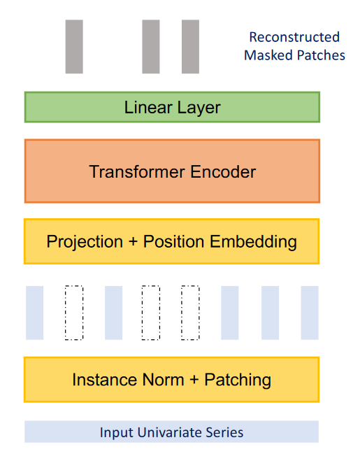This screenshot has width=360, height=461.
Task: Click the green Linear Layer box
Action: point(172,107)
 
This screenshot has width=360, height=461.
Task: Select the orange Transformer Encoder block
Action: point(172,171)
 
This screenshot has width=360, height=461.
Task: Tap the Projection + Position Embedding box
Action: point(172,241)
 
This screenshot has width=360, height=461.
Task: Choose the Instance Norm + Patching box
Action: point(172,380)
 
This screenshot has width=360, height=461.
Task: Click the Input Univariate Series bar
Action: point(172,432)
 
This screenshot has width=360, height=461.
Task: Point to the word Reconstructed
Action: point(294,37)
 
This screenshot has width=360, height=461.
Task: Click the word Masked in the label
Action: point(269,55)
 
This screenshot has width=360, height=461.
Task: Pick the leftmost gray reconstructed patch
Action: point(74,46)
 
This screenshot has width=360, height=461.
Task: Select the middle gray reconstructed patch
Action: point(151,46)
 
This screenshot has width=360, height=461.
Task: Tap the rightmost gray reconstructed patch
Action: point(190,46)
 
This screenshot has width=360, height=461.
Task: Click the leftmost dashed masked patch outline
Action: point(65,313)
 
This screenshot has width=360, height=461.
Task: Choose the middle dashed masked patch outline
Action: point(142,313)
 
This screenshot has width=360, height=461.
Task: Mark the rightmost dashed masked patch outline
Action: point(182,313)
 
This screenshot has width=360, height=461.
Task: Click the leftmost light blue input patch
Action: point(35,313)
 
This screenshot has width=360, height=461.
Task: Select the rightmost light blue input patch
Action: point(310,313)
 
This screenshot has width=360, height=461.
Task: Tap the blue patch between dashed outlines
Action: point(114,313)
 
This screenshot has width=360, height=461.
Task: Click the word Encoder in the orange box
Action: point(223,171)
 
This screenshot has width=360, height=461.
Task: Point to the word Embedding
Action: point(253,242)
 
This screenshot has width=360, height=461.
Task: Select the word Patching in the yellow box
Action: point(238,380)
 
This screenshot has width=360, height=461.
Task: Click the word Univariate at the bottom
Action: point(170,432)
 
